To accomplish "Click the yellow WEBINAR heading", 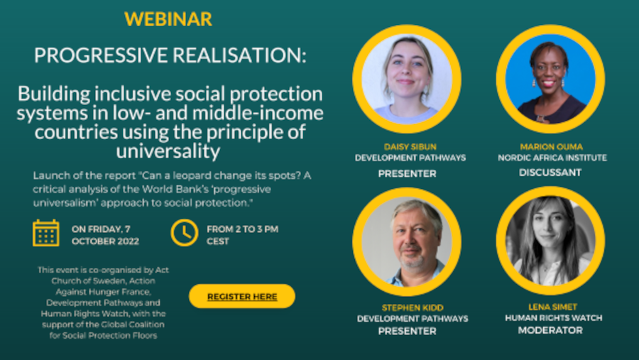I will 168,19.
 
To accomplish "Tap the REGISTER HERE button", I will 242,296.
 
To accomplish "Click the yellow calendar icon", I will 46,233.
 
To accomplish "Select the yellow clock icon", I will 185,233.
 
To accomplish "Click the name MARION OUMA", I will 551,147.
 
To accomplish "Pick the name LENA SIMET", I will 551,307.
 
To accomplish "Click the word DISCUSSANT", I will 550,173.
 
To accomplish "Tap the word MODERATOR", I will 550,330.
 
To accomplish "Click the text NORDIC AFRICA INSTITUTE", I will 551,158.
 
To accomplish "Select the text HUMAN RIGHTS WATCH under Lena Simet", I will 551,318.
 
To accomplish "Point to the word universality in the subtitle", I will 170,151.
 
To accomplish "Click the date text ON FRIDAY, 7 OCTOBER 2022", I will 105,235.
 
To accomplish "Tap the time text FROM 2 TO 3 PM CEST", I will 242,235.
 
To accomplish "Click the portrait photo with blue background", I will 550,80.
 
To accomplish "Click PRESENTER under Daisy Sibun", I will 407,173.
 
